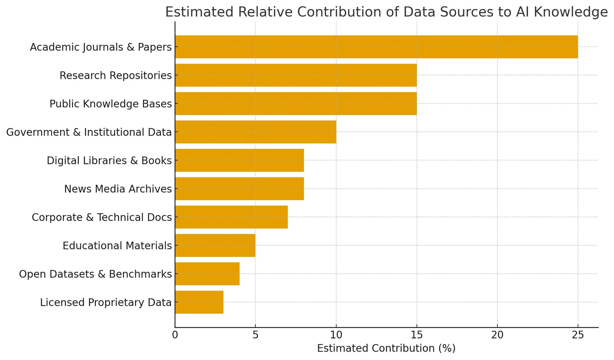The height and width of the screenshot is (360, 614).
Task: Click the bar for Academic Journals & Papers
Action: [x=376, y=47]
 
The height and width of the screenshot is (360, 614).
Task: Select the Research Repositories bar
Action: [x=296, y=75]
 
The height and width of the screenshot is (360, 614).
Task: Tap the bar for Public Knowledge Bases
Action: [x=296, y=104]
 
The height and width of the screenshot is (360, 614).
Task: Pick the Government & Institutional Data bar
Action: [x=256, y=132]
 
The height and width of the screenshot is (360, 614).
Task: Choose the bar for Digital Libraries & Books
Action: [x=239, y=161]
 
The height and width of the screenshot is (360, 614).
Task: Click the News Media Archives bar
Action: [x=239, y=189]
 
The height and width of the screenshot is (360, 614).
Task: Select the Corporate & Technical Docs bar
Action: [x=231, y=217]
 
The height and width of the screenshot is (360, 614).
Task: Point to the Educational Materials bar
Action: [x=215, y=246]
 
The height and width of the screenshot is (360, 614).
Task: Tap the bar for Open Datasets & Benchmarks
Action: [x=207, y=274]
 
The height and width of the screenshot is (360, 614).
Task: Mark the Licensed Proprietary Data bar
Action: [x=199, y=302]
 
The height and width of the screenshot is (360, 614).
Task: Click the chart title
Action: [x=386, y=12]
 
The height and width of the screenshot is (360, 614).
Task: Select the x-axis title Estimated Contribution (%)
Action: [x=386, y=348]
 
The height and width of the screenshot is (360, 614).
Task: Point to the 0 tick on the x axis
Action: [x=175, y=335]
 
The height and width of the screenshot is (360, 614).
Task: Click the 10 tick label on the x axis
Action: [x=336, y=335]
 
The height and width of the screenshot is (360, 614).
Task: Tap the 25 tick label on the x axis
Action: [x=578, y=335]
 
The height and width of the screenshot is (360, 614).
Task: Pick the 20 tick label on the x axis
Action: [x=497, y=335]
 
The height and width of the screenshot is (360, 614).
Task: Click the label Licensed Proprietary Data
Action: [x=106, y=303]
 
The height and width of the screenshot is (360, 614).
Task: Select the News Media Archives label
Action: [x=118, y=189]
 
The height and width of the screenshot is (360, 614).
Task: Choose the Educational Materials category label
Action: [x=117, y=246]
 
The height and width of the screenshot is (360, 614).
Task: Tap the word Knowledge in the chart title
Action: [x=570, y=12]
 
